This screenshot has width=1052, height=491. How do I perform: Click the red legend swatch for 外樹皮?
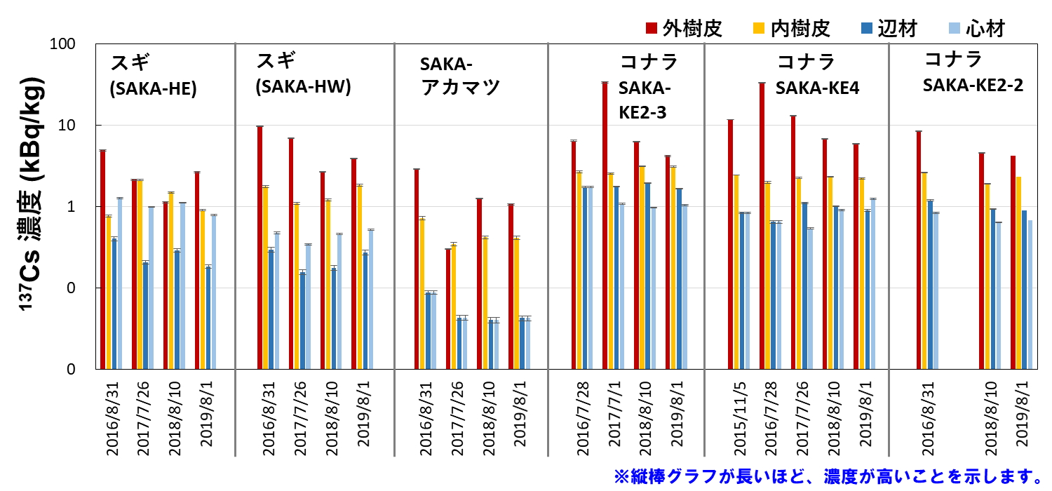pyautogui.click(x=652, y=28)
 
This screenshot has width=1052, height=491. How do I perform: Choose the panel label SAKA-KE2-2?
pyautogui.click(x=972, y=85)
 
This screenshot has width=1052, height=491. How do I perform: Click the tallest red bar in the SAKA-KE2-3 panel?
pyautogui.click(x=605, y=225)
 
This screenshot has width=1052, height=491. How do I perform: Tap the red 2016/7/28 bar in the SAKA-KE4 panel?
pyautogui.click(x=762, y=225)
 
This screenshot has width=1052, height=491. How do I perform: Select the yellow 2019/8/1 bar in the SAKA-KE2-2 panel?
pyautogui.click(x=1018, y=272)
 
